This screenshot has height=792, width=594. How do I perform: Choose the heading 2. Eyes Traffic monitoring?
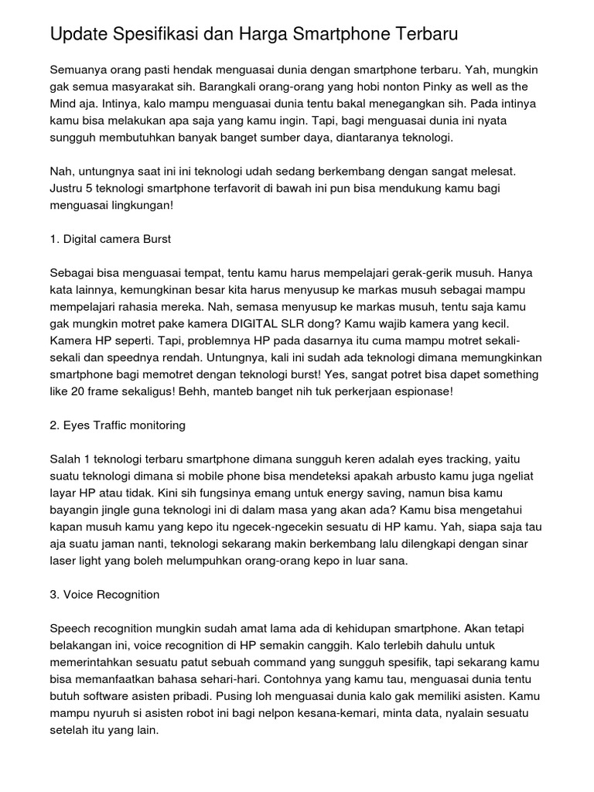[x=117, y=425]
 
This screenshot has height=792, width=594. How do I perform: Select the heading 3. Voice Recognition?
[x=104, y=595]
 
